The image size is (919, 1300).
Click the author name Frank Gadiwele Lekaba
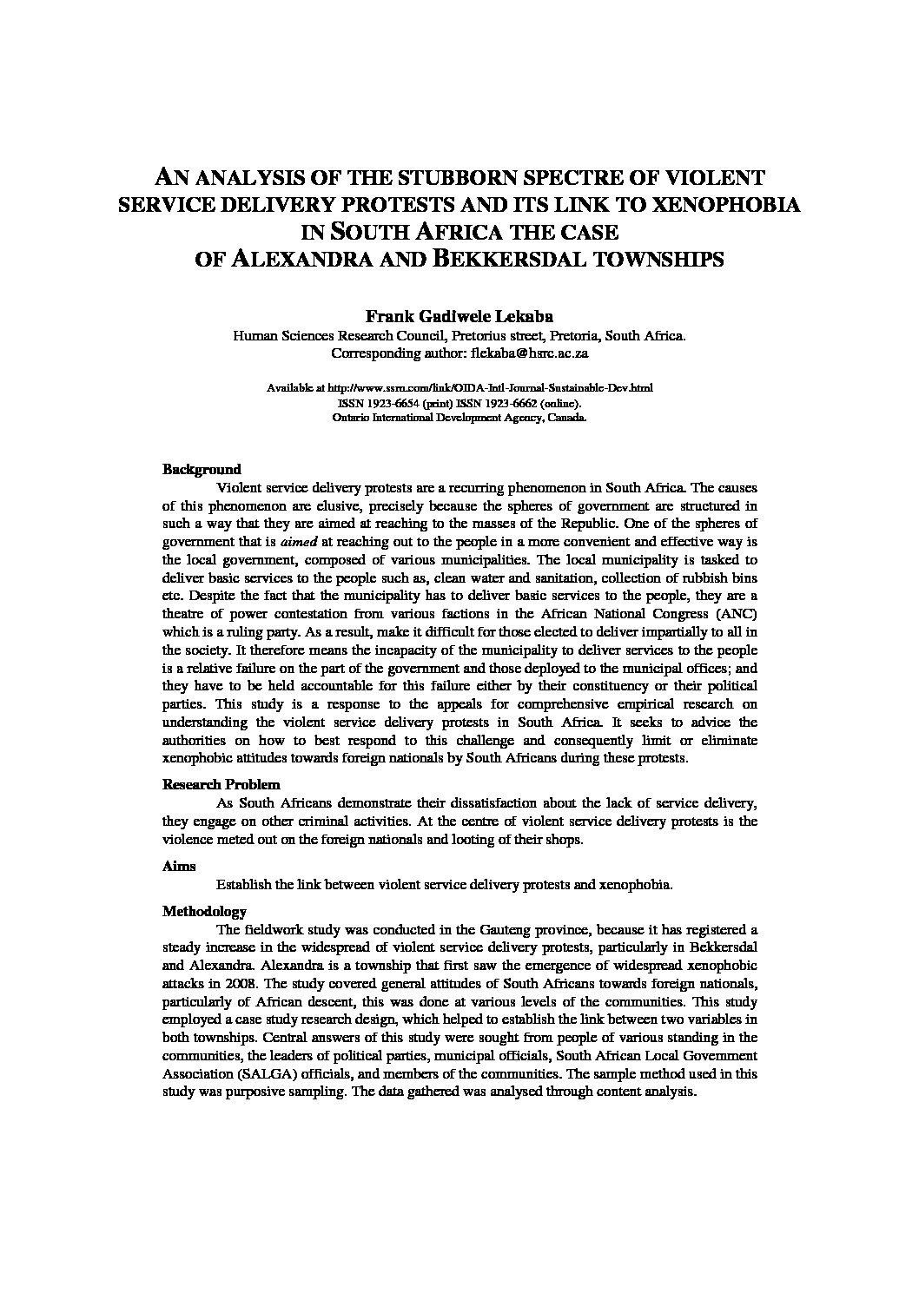tap(459, 317)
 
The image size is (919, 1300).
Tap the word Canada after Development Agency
tap(567, 417)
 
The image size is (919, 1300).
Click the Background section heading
tap(202, 470)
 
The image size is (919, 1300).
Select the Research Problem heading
tap(221, 784)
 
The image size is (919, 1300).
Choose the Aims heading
tap(179, 866)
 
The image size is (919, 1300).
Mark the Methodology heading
tap(204, 911)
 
